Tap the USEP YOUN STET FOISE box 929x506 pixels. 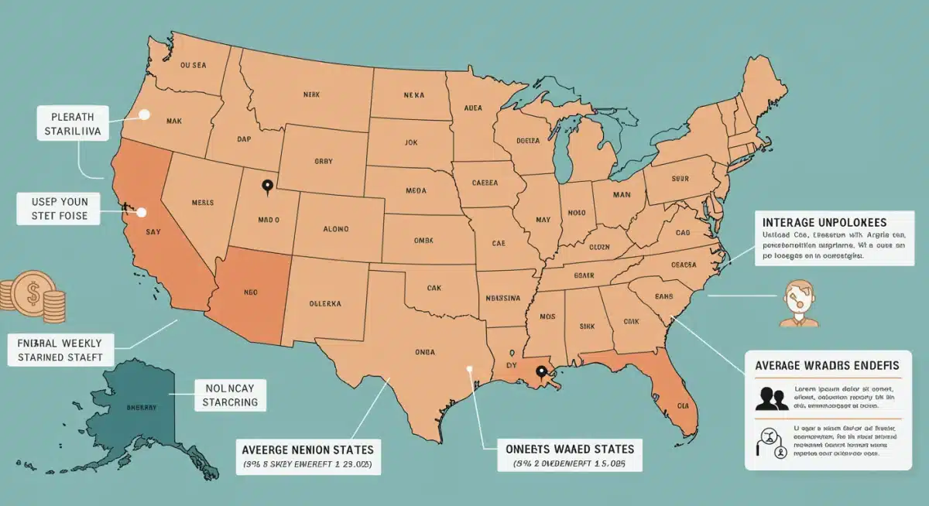tap(58, 209)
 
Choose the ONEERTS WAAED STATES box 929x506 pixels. tap(569, 456)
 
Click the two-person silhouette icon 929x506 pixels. tap(772, 398)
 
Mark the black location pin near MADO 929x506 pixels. tap(268, 186)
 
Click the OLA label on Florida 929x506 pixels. tap(683, 405)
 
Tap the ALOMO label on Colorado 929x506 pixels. tap(331, 229)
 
